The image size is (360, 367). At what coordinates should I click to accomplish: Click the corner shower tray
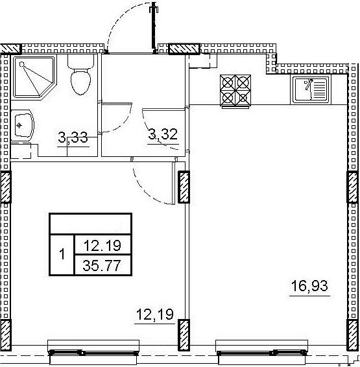click(x=34, y=77)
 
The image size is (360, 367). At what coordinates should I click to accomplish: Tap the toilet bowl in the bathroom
click(x=80, y=82)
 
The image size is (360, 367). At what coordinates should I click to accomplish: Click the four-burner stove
click(x=235, y=91)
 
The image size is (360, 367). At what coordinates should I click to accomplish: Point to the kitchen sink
click(x=310, y=89)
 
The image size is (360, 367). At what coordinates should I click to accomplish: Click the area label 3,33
click(x=73, y=137)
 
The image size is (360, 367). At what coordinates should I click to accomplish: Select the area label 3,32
click(x=163, y=134)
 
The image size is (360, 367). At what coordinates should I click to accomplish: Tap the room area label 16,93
click(x=309, y=286)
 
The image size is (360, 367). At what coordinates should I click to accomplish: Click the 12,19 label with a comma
click(x=155, y=314)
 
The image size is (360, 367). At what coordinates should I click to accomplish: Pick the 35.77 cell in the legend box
click(x=102, y=265)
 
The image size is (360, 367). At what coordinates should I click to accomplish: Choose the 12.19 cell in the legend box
click(x=102, y=245)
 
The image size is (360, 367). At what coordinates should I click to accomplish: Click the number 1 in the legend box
click(x=62, y=254)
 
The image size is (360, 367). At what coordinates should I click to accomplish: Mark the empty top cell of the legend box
click(x=91, y=224)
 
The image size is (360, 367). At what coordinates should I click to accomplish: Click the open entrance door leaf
click(x=154, y=28)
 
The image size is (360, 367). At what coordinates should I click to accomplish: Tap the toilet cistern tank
click(x=80, y=62)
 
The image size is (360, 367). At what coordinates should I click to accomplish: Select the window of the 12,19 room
click(x=93, y=351)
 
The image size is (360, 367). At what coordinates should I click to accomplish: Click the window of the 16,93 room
click(x=261, y=351)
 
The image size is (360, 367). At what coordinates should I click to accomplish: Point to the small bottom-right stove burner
click(x=243, y=98)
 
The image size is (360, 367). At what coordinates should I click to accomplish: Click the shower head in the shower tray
click(x=22, y=64)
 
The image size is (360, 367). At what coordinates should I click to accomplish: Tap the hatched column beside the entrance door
click(x=184, y=49)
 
